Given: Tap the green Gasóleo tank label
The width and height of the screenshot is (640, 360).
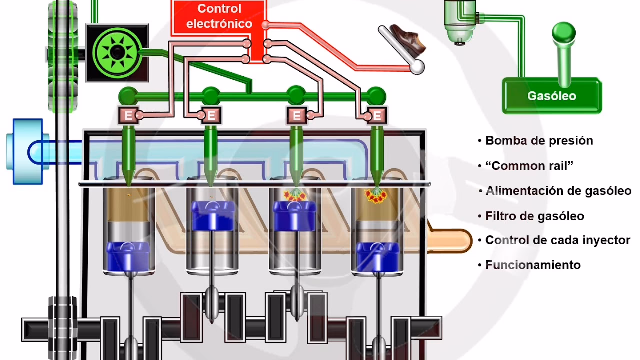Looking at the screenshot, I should click(x=551, y=96).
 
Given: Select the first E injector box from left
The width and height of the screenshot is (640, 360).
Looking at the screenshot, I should click(x=128, y=116).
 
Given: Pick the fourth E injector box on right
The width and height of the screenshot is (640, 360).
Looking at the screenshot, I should click(x=377, y=116).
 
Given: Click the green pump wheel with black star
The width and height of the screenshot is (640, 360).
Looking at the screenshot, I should click(x=117, y=52).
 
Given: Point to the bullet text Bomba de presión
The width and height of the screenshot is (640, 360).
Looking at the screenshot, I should click(x=539, y=140).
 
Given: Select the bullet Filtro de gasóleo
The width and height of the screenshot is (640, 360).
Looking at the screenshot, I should click(x=534, y=216).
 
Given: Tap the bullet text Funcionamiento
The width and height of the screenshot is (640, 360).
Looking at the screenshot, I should click(x=533, y=265).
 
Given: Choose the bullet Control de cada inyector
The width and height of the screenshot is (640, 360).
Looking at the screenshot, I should click(x=557, y=240).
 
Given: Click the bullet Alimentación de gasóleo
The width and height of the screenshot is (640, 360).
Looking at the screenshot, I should click(x=558, y=191).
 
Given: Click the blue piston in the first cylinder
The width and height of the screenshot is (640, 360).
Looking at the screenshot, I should click(x=128, y=255).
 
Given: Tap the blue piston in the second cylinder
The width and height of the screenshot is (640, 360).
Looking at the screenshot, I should click(x=211, y=214).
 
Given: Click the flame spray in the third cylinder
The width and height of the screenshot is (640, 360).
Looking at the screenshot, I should click(x=295, y=195).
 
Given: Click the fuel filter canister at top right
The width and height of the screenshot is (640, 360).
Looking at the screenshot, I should click(x=460, y=22).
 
